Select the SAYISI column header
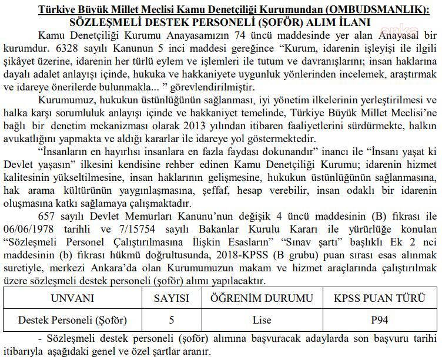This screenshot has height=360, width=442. coord(172,298)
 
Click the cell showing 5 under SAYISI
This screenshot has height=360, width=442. coord(172,321)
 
